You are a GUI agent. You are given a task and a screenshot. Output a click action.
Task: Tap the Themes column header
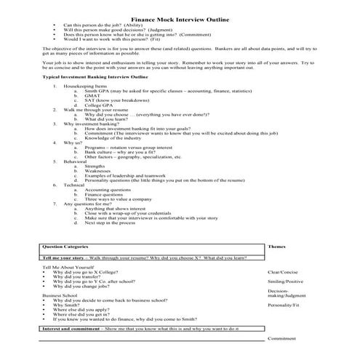pyautogui.click(x=277, y=247)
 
